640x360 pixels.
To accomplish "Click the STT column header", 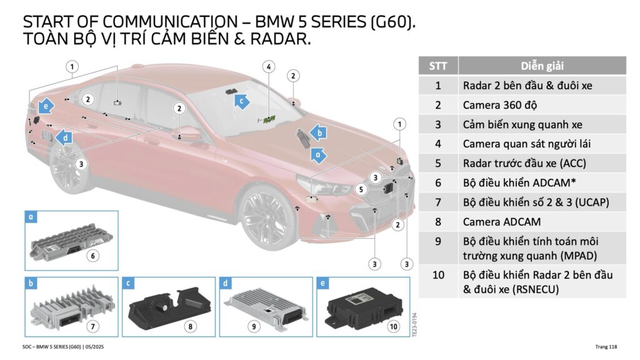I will (438, 66).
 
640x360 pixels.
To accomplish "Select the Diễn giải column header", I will (542, 66).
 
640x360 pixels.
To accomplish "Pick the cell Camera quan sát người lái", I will (526, 144).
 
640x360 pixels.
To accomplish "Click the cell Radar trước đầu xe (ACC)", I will (524, 164).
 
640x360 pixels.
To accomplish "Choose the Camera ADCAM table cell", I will (501, 221).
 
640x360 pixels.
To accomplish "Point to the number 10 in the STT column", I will (438, 274).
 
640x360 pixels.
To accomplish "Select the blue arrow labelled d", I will (63, 136).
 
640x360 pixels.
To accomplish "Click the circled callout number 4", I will (269, 67).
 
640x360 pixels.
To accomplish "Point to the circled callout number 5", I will (361, 189).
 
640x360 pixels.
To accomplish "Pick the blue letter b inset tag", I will (31, 283).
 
